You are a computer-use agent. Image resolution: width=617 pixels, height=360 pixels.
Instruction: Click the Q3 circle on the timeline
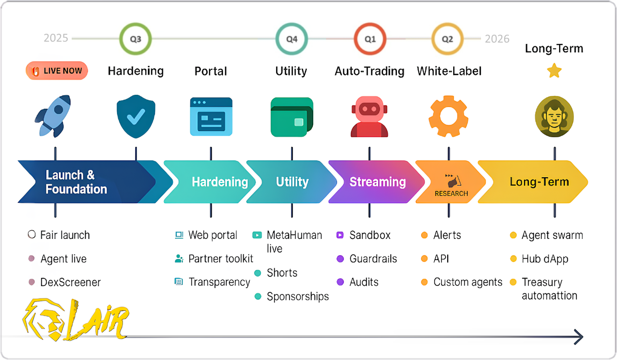coord(136,39)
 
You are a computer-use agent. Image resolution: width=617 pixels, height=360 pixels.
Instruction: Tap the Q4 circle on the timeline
coord(291,39)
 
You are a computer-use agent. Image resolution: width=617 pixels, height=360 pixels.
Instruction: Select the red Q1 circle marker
coord(370,39)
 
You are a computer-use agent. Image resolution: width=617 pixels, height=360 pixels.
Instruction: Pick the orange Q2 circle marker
coord(447,39)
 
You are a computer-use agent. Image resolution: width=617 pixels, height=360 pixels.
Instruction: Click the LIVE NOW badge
coord(57,71)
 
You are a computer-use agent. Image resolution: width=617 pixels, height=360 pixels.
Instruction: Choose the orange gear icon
coord(448,116)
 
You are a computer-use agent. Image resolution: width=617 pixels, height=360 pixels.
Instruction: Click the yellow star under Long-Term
coord(554,71)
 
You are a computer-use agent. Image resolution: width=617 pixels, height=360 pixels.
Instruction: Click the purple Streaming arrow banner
coord(376,182)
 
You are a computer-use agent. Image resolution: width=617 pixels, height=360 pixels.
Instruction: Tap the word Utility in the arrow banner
coord(292,182)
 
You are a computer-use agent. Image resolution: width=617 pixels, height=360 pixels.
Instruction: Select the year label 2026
coord(497,39)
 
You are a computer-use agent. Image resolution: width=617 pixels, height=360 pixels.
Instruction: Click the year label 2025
coord(56,38)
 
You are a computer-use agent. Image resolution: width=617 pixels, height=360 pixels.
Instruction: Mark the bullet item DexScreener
coord(70,282)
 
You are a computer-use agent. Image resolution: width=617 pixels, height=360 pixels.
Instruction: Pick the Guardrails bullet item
coord(373,259)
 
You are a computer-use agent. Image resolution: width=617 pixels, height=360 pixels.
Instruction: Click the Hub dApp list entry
coord(545,259)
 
